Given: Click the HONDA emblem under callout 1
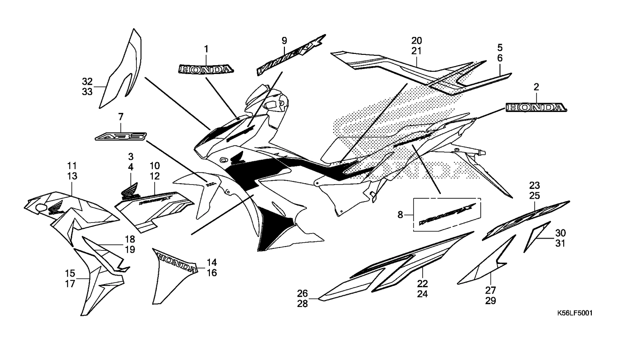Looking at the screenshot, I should (205, 69).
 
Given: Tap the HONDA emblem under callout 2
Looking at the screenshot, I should (536, 108).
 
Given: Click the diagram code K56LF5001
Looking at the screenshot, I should (574, 313).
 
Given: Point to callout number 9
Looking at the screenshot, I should (284, 41).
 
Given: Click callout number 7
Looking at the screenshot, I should (120, 116).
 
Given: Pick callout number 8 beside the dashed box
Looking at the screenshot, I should (400, 215).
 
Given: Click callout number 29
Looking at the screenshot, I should (491, 300).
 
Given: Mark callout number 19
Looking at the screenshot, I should (130, 250).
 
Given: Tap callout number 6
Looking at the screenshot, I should (500, 58).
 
